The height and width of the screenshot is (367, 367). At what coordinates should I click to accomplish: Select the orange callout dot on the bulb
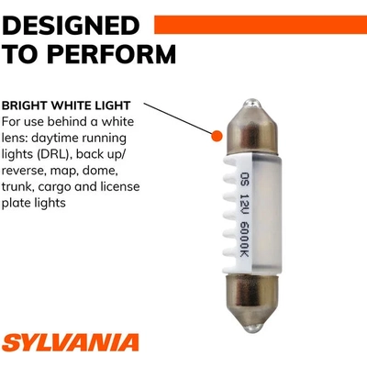217,136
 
